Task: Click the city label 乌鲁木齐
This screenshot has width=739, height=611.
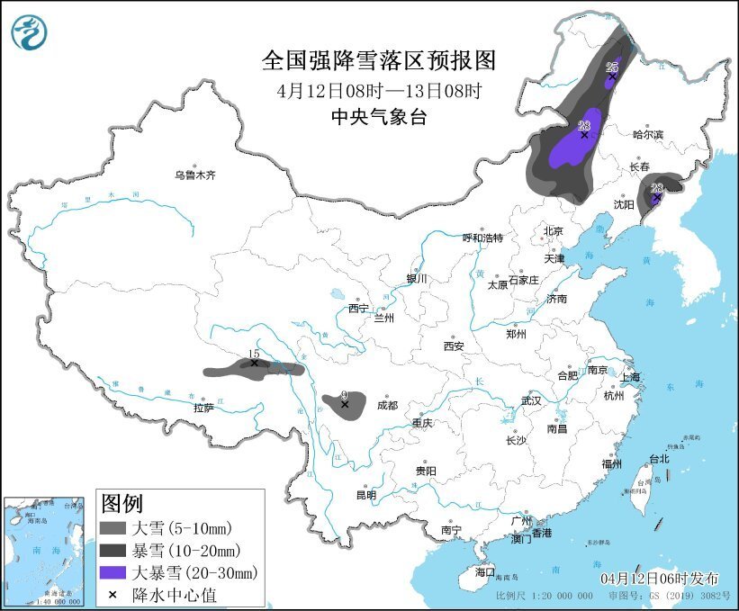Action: coord(195,175)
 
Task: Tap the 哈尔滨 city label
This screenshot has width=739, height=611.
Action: coord(647,134)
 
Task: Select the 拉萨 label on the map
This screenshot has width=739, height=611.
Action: coord(203,408)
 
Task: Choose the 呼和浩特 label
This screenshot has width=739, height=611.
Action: coord(482,238)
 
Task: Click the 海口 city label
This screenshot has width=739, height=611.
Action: coord(485,571)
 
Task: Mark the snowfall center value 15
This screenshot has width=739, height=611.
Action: coord(254,355)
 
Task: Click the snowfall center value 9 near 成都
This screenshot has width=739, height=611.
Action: coord(343,395)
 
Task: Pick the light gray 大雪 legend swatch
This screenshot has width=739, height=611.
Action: coord(113,527)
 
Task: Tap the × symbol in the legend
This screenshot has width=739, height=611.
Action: coord(112,594)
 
